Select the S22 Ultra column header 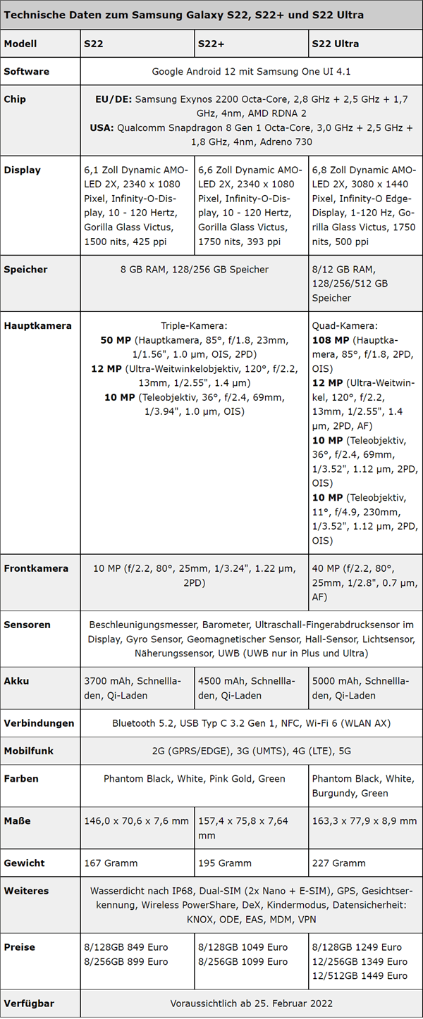click(335, 44)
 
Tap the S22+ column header click(211, 44)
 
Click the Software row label click(27, 72)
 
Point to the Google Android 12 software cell click(251, 72)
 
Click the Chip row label click(16, 99)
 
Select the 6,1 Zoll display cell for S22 click(137, 206)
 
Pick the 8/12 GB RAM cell click(365, 283)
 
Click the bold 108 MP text click(329, 340)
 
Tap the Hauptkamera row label click(38, 326)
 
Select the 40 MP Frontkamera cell click(365, 582)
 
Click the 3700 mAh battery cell click(137, 688)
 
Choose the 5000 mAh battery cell click(365, 688)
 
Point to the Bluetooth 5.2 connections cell click(251, 723)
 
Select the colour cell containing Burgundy click(365, 786)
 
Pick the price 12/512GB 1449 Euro click(359, 975)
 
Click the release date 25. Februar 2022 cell click(251, 1004)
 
